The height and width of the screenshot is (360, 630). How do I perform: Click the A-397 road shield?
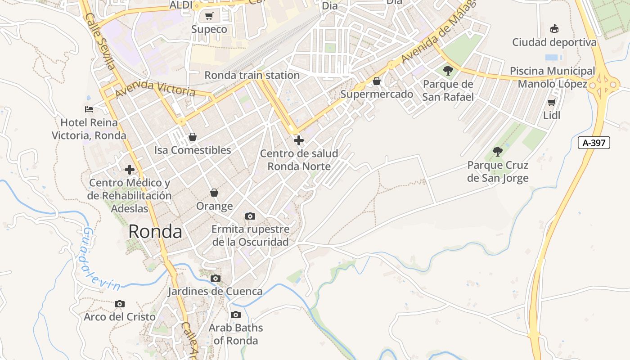[x=594, y=143]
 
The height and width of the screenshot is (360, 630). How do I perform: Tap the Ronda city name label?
[x=155, y=232]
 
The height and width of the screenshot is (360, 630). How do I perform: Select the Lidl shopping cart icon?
[x=552, y=102]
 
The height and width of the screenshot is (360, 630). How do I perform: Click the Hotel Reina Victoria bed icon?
[x=89, y=109]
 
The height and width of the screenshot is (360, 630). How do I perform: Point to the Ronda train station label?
[x=252, y=75]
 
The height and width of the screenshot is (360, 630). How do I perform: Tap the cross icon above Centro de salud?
[x=299, y=140]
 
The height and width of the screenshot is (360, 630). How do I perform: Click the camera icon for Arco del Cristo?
[x=120, y=304]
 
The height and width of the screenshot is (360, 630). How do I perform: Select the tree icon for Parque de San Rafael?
[x=448, y=70]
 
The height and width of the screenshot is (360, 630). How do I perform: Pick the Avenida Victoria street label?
[x=155, y=89]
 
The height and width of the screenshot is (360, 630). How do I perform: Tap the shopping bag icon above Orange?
[x=214, y=193]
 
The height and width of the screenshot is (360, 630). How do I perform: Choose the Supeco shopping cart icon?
[x=209, y=16]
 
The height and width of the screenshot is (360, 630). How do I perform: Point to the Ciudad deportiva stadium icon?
[x=554, y=29]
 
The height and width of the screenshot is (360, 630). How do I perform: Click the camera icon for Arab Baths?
[x=236, y=315]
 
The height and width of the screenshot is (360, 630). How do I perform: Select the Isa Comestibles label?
[x=193, y=150]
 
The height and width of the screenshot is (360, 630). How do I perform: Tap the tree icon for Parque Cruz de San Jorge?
[x=498, y=152]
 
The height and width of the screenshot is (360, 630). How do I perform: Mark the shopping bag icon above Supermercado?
[x=377, y=81]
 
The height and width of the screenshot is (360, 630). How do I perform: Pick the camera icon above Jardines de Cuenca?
[x=216, y=278]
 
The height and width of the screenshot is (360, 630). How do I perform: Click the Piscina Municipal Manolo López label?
[x=553, y=77]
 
